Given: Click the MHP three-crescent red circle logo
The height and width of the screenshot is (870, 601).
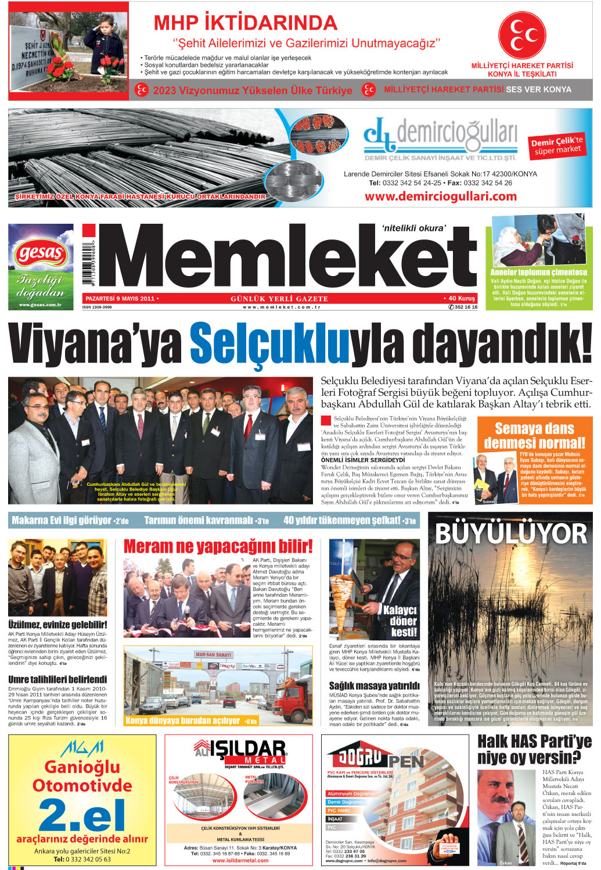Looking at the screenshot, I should [526, 35].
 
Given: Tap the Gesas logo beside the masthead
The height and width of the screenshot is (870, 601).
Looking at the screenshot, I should [41, 254].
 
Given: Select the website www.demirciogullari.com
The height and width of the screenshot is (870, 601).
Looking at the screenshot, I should [441, 196].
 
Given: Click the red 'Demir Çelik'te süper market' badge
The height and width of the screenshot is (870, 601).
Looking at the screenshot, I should [557, 146].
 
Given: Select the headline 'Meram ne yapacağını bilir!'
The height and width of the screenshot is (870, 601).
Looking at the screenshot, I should [218, 546].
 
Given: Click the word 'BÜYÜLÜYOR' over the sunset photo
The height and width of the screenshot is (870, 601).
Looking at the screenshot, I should [511, 534].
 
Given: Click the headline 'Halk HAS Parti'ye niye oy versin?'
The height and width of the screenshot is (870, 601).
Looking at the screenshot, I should [534, 750].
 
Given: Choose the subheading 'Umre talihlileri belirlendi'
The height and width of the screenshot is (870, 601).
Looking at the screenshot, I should [57, 679].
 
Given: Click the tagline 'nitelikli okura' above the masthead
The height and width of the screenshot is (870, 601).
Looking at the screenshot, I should [413, 228].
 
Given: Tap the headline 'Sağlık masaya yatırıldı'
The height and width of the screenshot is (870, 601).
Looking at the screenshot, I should [374, 686].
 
